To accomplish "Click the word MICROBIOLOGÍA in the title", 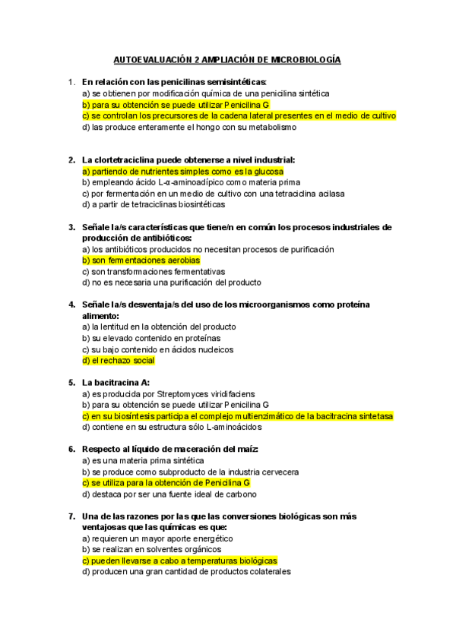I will coord(304,58).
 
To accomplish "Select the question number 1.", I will coord(71,81).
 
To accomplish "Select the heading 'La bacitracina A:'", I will coord(116,383).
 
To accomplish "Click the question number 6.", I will coord(71,450).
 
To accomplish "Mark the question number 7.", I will coord(71,516).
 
